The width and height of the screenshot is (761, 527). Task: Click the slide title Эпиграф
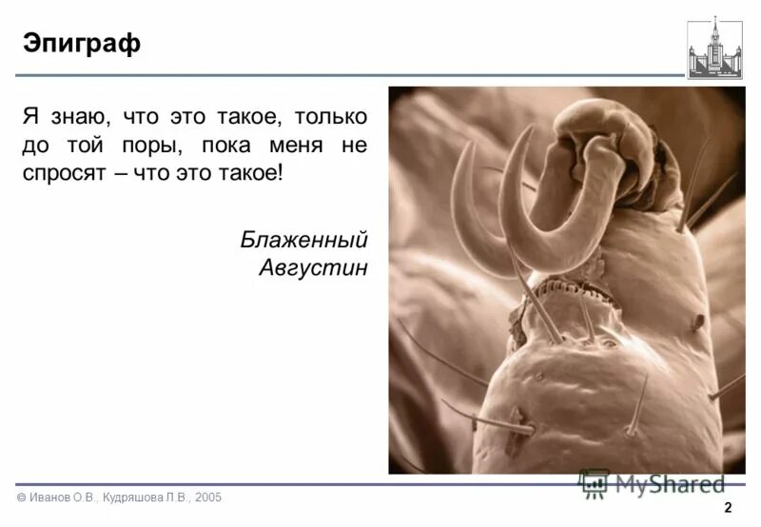coord(82,44)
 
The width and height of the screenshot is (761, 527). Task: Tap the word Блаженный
coord(303,239)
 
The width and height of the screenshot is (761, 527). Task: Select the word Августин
coord(313,267)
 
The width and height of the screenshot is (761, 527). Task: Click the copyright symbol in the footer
coord(20,498)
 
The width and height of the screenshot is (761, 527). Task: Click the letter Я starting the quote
coord(29,118)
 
